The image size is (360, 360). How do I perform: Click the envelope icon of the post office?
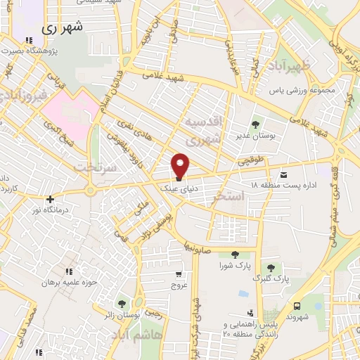(283, 174)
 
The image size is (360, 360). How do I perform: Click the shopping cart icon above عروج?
(179, 274)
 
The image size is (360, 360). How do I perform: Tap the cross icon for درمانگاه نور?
(49, 199)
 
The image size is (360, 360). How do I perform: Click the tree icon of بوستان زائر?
(123, 304)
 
